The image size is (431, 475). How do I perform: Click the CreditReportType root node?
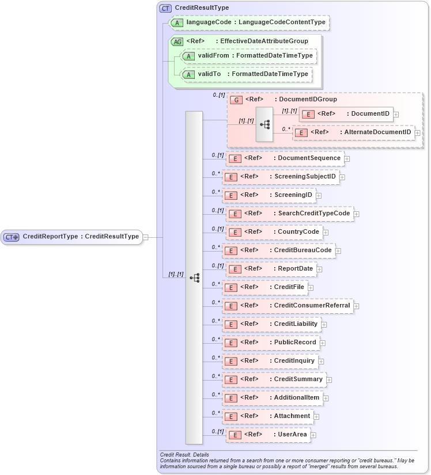[x=71, y=237]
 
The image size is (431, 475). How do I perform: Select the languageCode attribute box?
[x=249, y=22]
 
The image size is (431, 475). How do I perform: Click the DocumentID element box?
[x=346, y=114]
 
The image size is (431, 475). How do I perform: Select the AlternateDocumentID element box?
[x=354, y=132]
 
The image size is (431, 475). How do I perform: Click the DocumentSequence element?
[x=285, y=158]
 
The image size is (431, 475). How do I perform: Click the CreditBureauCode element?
[x=279, y=250]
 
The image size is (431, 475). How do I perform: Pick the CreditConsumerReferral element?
[x=288, y=306]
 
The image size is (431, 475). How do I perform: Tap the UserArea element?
[x=269, y=435]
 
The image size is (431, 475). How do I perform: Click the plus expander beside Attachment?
[x=316, y=416]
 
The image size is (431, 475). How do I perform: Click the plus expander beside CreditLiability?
[x=324, y=324]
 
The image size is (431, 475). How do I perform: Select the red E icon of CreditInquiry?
[x=230, y=362]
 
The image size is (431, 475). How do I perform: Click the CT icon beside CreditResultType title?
[x=165, y=8]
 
